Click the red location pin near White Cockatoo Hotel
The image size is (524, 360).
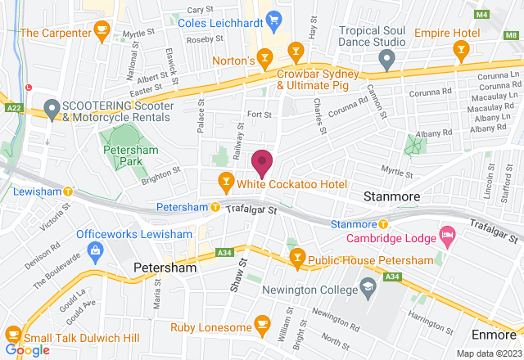tap(262, 162)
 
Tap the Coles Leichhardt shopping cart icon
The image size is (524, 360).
tap(275, 17)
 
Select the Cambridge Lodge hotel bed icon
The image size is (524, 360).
tap(447, 236)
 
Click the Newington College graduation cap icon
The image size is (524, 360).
tap(368, 289)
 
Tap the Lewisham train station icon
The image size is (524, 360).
tap(69, 192)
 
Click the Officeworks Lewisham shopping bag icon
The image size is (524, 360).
tap(97, 249)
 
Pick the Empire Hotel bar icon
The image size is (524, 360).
tap(460, 51)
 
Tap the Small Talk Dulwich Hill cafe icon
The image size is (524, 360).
tap(13, 333)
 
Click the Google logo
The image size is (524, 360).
tap(26, 350)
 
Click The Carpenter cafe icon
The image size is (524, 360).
tap(102, 33)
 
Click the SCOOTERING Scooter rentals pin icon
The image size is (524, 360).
tap(52, 107)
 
